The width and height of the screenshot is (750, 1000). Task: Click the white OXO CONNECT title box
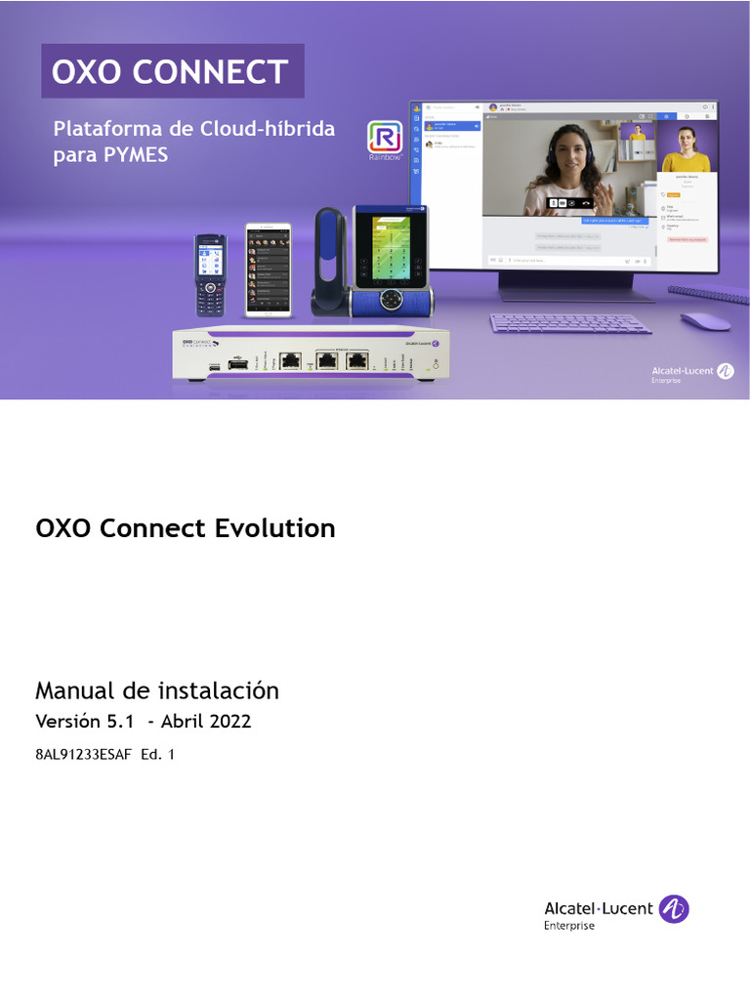pos(172,71)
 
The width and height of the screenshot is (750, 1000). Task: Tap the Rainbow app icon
pos(384,138)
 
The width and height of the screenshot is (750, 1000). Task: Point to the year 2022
pos(229,722)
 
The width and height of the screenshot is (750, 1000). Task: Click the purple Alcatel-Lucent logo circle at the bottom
pos(674,908)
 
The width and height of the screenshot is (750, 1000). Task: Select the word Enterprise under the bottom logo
pos(568,926)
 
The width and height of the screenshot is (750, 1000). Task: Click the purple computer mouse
pos(704,320)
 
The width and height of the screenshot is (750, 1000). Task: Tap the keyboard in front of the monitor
pos(570,323)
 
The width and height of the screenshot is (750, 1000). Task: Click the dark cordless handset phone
pos(210,275)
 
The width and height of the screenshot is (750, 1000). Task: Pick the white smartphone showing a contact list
pos(268,271)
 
